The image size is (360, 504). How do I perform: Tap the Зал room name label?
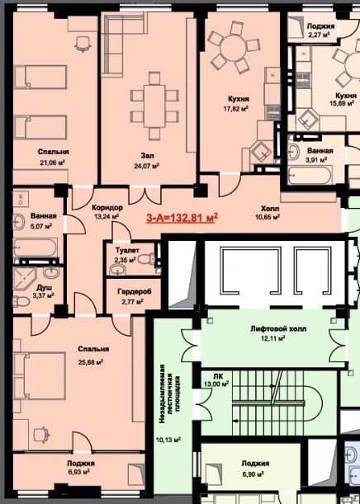click(147, 156)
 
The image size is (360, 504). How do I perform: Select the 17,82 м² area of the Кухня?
click(236, 109)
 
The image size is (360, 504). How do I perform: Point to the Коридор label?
click(107, 207)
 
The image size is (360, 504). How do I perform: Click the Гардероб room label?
click(135, 292)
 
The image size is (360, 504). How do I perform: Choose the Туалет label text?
click(127, 250)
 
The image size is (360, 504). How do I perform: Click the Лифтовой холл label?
click(278, 329)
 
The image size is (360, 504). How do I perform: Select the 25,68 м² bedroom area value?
click(91, 362)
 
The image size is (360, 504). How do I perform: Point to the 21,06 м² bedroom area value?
click(53, 163)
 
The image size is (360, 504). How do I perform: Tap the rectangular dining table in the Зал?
click(154, 105)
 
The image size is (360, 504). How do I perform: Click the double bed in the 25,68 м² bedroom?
click(40, 375)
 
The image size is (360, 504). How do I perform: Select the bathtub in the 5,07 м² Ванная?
click(36, 247)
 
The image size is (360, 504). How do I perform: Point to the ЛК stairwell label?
click(217, 376)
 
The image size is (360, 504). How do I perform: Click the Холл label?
click(268, 209)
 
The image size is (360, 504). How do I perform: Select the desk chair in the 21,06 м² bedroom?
click(83, 44)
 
